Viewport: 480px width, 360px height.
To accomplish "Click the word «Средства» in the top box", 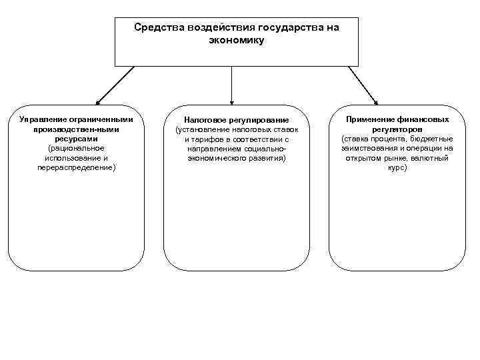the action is tap(155, 28).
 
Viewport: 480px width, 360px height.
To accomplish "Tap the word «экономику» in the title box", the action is tap(237, 41).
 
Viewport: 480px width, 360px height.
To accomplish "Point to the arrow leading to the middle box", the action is tap(231, 85).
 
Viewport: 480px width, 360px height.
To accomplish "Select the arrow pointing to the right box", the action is tap(363, 85).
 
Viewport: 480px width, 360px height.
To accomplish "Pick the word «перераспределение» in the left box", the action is tap(76, 168).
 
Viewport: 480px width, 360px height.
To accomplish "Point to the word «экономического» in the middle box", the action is tap(220, 159).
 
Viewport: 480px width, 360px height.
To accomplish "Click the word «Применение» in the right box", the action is tap(369, 119).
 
